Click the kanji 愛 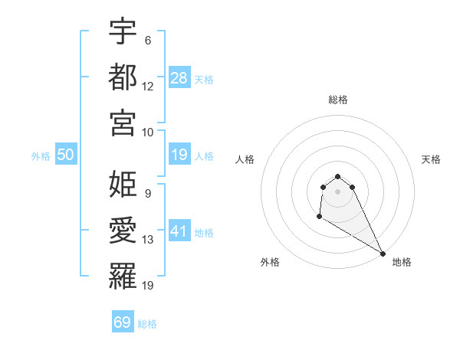123,229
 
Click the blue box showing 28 179,78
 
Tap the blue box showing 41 179,231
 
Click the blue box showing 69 122,322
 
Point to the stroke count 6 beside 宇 148,40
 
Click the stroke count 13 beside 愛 148,240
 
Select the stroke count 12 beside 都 148,86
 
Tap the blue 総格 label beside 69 147,324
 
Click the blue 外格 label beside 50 41,156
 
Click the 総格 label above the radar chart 337,100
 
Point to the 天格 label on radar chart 431,159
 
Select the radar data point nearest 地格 383,254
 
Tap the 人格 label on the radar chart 245,159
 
